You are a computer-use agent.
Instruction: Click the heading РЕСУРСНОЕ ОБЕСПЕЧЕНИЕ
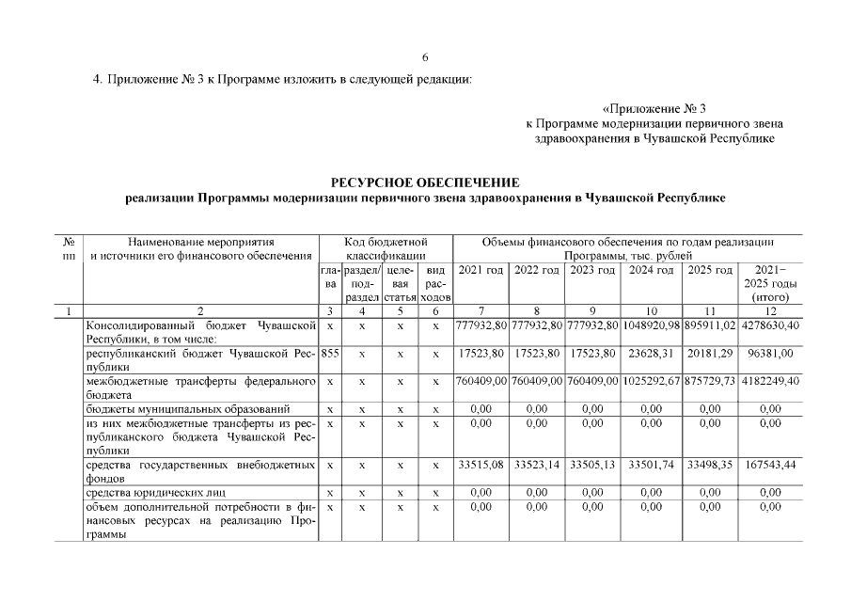coord(425,182)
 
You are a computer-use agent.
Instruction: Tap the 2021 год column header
coord(481,270)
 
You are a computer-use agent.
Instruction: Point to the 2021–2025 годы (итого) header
coord(770,283)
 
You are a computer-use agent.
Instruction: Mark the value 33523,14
coord(537,465)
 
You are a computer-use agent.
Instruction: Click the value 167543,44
coord(770,465)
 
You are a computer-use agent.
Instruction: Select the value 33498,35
coord(710,465)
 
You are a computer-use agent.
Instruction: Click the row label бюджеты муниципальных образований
coord(187,409)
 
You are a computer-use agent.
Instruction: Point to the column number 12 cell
coord(770,310)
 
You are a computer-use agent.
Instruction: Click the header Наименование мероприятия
coord(199,242)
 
